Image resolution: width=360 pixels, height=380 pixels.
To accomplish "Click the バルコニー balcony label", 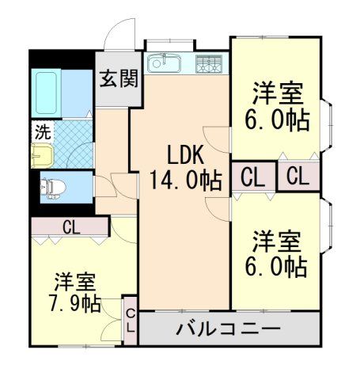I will tap(228, 328).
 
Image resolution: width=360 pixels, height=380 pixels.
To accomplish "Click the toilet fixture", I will tap(55, 187).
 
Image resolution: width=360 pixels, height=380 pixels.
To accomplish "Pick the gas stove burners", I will tap(210, 63).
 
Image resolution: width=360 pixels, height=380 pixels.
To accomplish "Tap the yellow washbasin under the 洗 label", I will tap(41, 154).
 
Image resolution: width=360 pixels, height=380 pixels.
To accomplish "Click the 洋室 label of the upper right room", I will tap(278, 92).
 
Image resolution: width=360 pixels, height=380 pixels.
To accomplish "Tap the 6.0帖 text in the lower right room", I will tap(278, 266).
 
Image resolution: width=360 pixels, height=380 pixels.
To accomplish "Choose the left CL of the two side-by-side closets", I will tap(252, 177).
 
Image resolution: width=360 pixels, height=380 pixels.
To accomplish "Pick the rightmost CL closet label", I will tap(299, 177).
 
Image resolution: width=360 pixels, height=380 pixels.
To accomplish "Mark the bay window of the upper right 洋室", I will tap(327, 125).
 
